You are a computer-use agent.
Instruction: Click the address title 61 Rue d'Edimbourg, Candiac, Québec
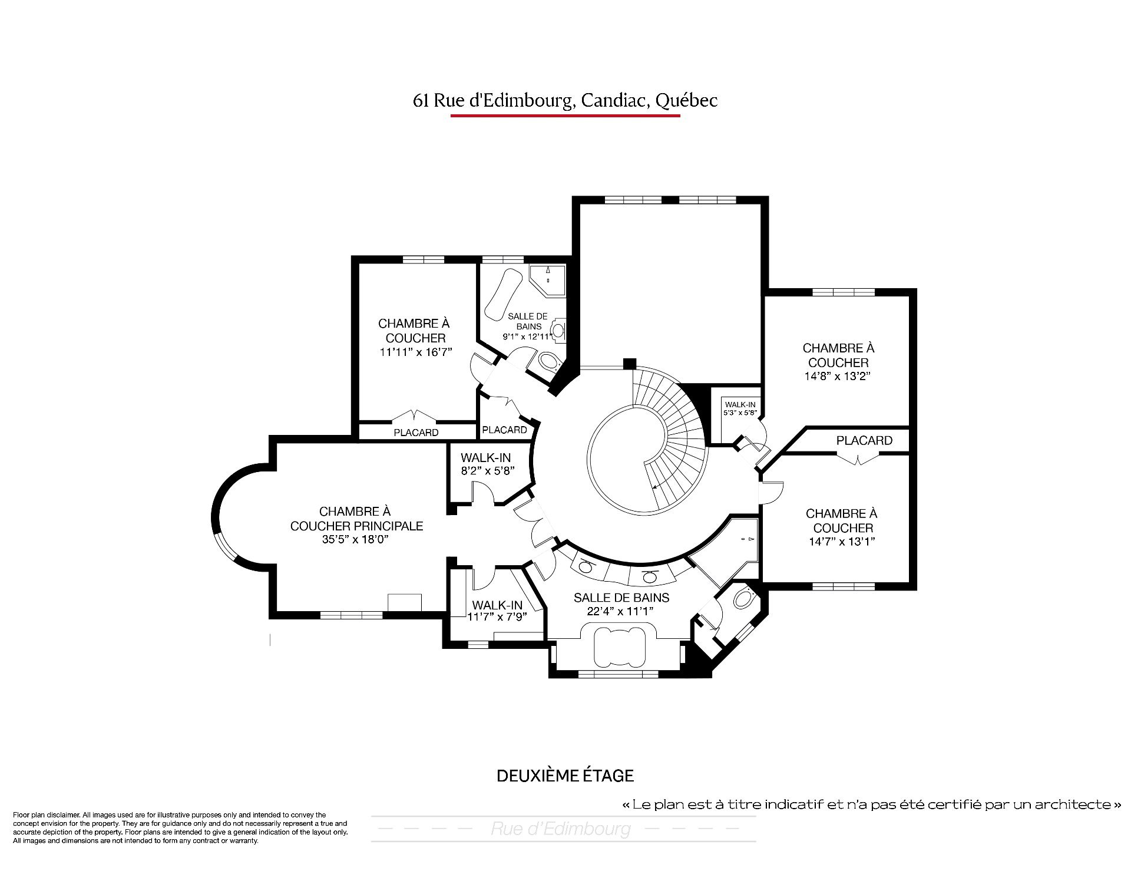coord(565,101)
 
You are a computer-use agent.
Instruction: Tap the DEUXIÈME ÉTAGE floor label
coord(565,776)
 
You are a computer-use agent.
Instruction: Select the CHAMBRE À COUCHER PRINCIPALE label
coord(356,519)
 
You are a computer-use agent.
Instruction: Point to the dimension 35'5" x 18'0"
coord(356,539)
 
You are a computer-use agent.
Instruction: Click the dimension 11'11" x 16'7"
coord(415,352)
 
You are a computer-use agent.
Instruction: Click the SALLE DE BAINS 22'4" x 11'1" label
coord(621,604)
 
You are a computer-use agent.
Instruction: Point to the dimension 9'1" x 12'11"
coord(528,337)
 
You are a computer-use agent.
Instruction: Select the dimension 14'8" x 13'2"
coord(838,376)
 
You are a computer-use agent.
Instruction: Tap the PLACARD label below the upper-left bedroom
coord(416,433)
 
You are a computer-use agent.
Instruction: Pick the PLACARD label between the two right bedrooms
coord(864,441)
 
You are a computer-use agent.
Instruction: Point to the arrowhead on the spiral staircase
coord(655,486)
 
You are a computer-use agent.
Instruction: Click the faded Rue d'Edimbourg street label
coord(560,829)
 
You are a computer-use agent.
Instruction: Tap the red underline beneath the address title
coord(565,116)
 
